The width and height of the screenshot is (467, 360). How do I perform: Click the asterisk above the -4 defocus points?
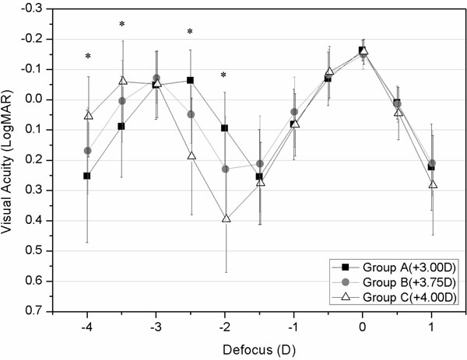(88, 57)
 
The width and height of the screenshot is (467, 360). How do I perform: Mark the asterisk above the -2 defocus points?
(224, 76)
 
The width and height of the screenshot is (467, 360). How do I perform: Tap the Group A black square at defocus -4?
(87, 176)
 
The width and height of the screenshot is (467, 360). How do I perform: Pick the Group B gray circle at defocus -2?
(226, 169)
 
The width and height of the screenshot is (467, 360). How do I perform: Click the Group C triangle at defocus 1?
(433, 184)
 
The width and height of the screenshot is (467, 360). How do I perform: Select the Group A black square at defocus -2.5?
(191, 80)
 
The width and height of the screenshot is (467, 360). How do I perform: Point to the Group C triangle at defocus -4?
(88, 115)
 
